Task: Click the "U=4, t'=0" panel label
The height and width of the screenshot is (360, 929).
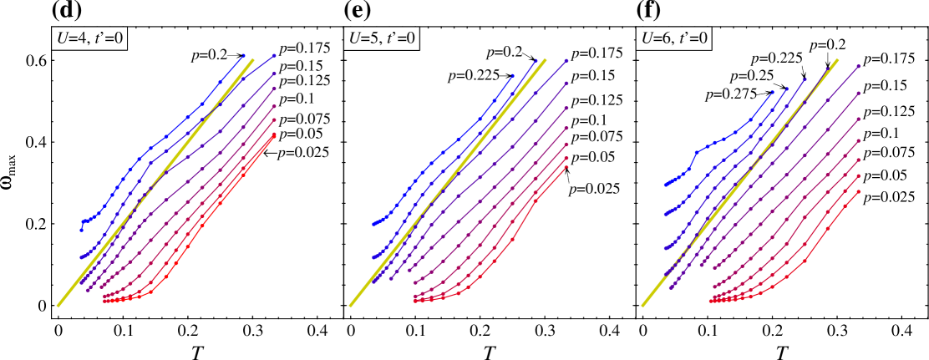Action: pos(89,38)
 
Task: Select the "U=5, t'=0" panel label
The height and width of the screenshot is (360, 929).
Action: pos(381,38)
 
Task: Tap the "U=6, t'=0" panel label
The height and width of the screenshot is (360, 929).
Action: pos(673,38)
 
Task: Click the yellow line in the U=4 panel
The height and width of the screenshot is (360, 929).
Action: pos(155,183)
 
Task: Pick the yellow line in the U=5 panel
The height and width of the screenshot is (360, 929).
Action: pos(447,183)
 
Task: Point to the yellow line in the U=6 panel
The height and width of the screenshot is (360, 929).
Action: pos(739,183)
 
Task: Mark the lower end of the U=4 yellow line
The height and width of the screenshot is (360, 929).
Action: pos(58,305)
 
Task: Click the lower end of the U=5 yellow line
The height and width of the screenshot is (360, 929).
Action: pos(350,305)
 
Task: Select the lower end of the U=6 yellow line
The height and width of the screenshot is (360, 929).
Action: pos(642,305)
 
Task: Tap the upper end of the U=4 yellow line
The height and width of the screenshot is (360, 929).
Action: pos(252,60)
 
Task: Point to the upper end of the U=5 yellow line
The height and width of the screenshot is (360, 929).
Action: pos(545,60)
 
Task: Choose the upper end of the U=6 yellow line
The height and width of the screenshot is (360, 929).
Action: pos(837,60)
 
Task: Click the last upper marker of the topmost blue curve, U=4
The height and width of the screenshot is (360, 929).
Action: pos(244,55)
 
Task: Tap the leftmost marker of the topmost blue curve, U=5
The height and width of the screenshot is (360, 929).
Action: pos(373,225)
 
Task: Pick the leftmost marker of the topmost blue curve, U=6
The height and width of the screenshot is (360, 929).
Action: pos(665,185)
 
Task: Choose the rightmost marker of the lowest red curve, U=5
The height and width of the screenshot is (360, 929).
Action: pos(566,167)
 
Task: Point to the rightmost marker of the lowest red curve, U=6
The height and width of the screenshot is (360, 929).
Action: pos(859,191)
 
